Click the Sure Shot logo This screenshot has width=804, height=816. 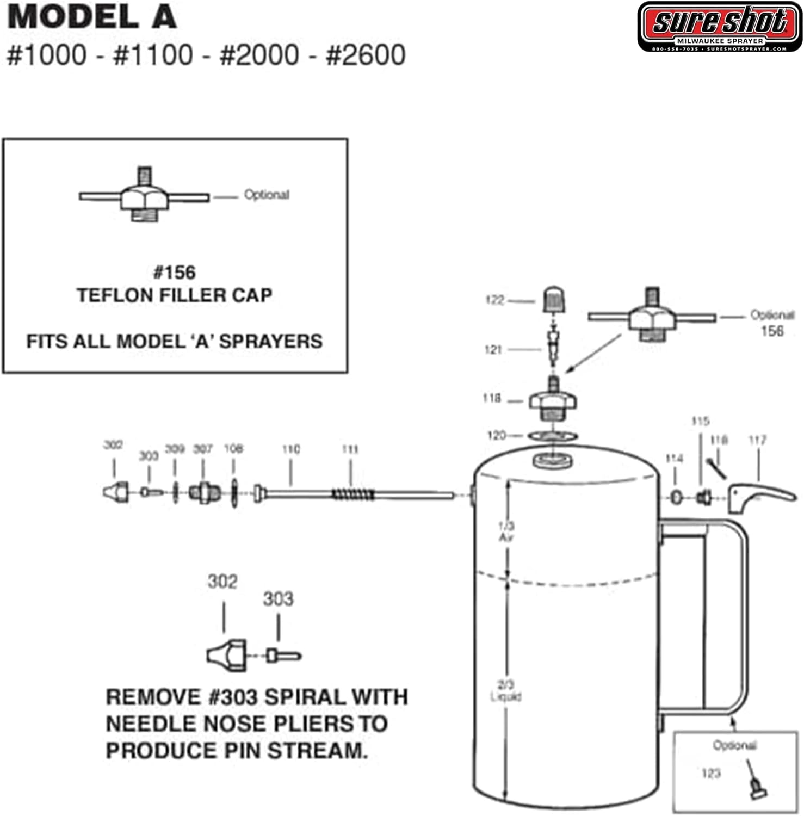pos(720,26)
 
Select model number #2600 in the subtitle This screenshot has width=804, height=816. pos(366,55)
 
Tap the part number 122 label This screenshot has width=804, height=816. pos(494,300)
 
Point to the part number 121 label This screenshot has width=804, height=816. pos(493,349)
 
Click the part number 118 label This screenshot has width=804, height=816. pos(492,398)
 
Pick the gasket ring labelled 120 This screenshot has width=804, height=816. pos(553,435)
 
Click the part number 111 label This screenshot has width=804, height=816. pos(350,449)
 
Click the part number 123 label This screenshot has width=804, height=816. pos(711,773)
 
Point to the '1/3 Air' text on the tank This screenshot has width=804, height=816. pos(506,531)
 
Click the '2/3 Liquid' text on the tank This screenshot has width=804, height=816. pos(506,691)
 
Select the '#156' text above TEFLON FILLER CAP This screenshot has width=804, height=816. pos(175,272)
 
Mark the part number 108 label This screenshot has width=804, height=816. pos(233,449)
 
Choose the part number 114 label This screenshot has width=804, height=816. pos(674,459)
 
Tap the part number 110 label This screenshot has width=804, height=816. pos(291,449)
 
